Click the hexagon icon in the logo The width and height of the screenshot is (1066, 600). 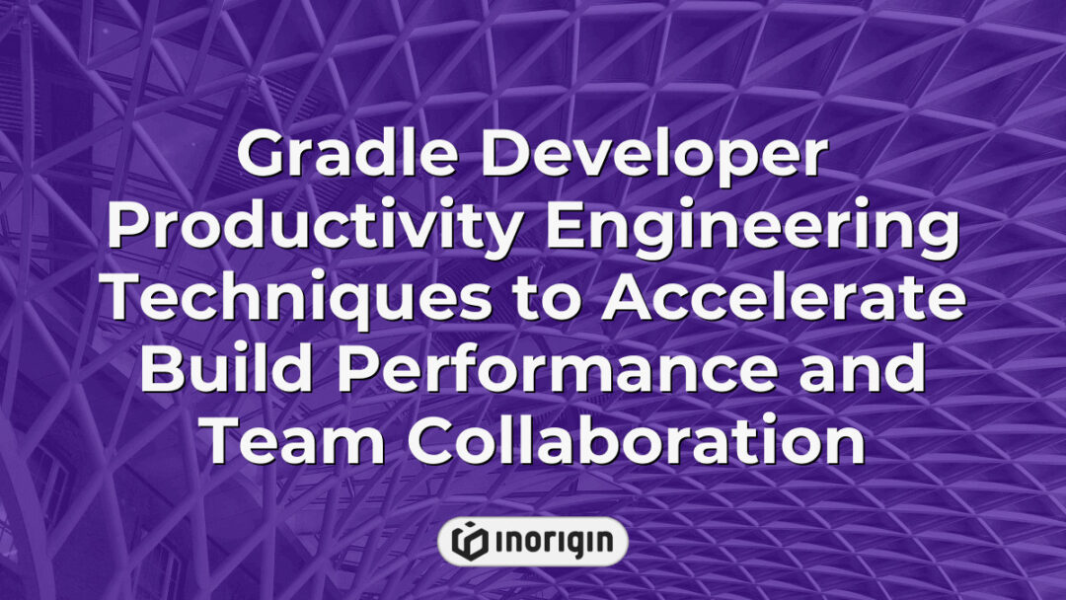[469, 541]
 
